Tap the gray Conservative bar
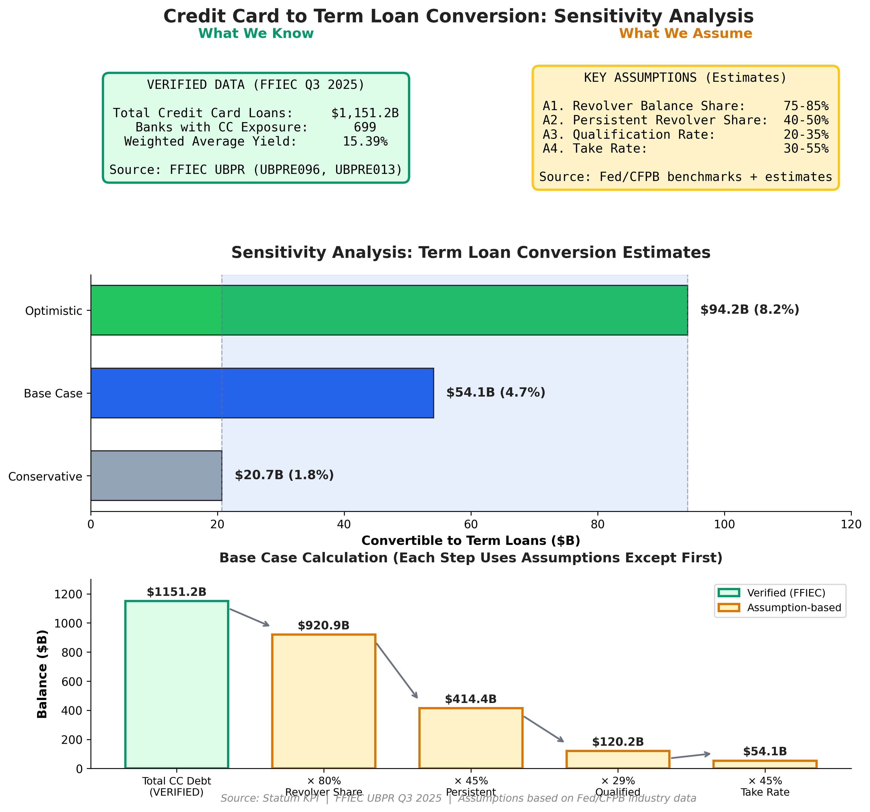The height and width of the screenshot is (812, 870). [x=156, y=475]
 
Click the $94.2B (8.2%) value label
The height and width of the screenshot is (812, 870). [x=749, y=310]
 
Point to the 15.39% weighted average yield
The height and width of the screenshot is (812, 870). [x=365, y=141]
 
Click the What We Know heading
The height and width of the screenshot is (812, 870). [x=256, y=34]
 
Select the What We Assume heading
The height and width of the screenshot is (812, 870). [x=685, y=34]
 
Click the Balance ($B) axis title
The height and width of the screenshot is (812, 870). [x=43, y=674]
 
